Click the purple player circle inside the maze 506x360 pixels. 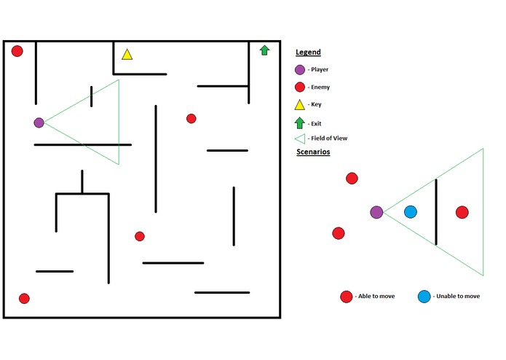pyautogui.click(x=39, y=122)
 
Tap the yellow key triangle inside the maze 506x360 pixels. pyautogui.click(x=127, y=55)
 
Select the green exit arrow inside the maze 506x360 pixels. pyautogui.click(x=264, y=50)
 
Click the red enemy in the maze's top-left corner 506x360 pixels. pyautogui.click(x=17, y=51)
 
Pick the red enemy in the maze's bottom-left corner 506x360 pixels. pyautogui.click(x=24, y=298)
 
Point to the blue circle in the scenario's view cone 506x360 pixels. pyautogui.click(x=411, y=212)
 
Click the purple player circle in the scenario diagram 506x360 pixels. pyautogui.click(x=376, y=212)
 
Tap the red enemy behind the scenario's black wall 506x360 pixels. pyautogui.click(x=462, y=212)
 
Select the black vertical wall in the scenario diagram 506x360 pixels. pyautogui.click(x=436, y=212)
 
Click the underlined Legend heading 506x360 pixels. pyautogui.click(x=308, y=52)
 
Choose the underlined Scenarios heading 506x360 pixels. pyautogui.click(x=313, y=152)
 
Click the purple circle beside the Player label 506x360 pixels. pyautogui.click(x=300, y=70)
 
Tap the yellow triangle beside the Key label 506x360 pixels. pyautogui.click(x=299, y=105)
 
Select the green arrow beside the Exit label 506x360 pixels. pyautogui.click(x=299, y=122)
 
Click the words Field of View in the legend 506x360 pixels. pyautogui.click(x=329, y=138)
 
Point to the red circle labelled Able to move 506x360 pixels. pyautogui.click(x=347, y=297)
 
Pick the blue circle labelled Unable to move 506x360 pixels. pyautogui.click(x=424, y=297)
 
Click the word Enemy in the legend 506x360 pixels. pyautogui.click(x=320, y=87)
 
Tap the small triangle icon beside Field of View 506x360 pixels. pyautogui.click(x=300, y=139)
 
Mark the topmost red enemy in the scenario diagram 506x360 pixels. pyautogui.click(x=352, y=179)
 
